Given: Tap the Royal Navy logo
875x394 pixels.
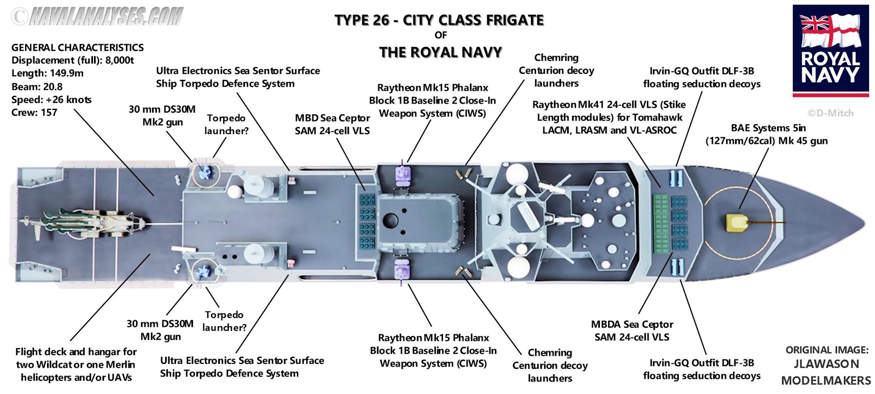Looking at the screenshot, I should pos(830,50).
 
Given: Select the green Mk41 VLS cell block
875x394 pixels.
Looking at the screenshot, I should pos(661,223).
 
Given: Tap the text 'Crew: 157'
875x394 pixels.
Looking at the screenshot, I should pos(34,113).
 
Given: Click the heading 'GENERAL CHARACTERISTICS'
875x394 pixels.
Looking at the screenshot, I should pos(77,48).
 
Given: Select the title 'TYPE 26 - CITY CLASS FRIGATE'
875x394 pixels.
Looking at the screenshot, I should pos(439,21).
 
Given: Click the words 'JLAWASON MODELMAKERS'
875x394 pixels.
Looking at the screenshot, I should pos(826,372).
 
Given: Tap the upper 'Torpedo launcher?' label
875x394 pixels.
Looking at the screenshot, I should pos(226,125).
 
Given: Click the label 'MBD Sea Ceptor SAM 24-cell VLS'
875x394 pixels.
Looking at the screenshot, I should pos(332,125).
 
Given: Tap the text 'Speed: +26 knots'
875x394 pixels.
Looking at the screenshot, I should pos(51,100).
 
